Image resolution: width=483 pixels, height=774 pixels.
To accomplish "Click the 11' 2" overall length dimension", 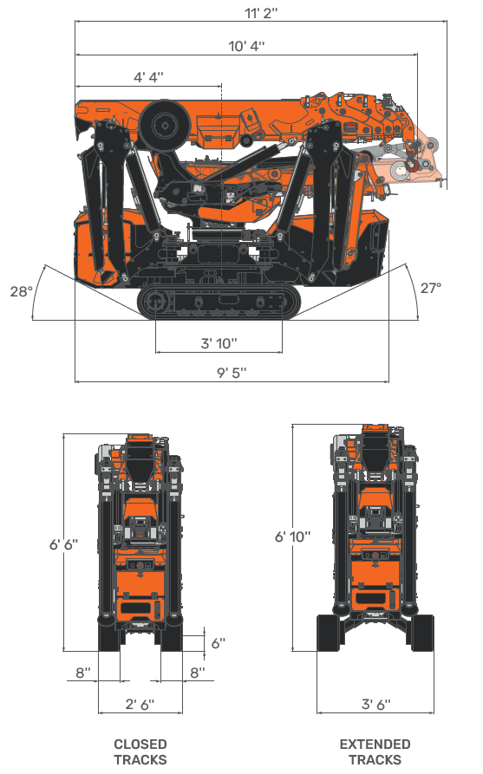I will [260, 13].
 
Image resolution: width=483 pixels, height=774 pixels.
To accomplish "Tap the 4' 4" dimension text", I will [148, 77].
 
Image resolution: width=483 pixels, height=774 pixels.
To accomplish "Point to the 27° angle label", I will [431, 288].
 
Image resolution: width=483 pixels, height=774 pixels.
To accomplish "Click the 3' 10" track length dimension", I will [219, 343].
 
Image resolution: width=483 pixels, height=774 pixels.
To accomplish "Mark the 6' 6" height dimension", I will [63, 543].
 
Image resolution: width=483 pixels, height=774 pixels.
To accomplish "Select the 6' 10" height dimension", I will [292, 537].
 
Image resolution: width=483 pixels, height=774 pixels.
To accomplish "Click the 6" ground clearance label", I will [219, 642].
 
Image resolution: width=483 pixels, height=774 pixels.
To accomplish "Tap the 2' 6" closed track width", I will [140, 704].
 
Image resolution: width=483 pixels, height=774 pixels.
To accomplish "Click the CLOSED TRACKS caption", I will [140, 752].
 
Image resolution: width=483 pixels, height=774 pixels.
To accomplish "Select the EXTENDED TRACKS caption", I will [375, 752].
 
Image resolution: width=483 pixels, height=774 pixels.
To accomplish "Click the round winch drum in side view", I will [163, 124].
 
